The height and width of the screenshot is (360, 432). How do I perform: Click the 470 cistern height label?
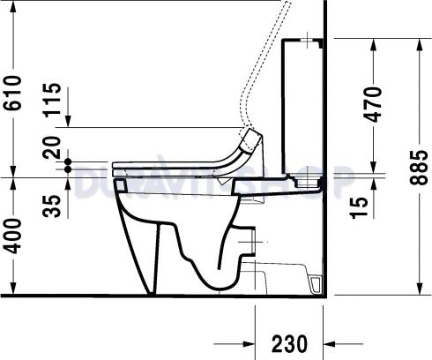click(374, 104)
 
